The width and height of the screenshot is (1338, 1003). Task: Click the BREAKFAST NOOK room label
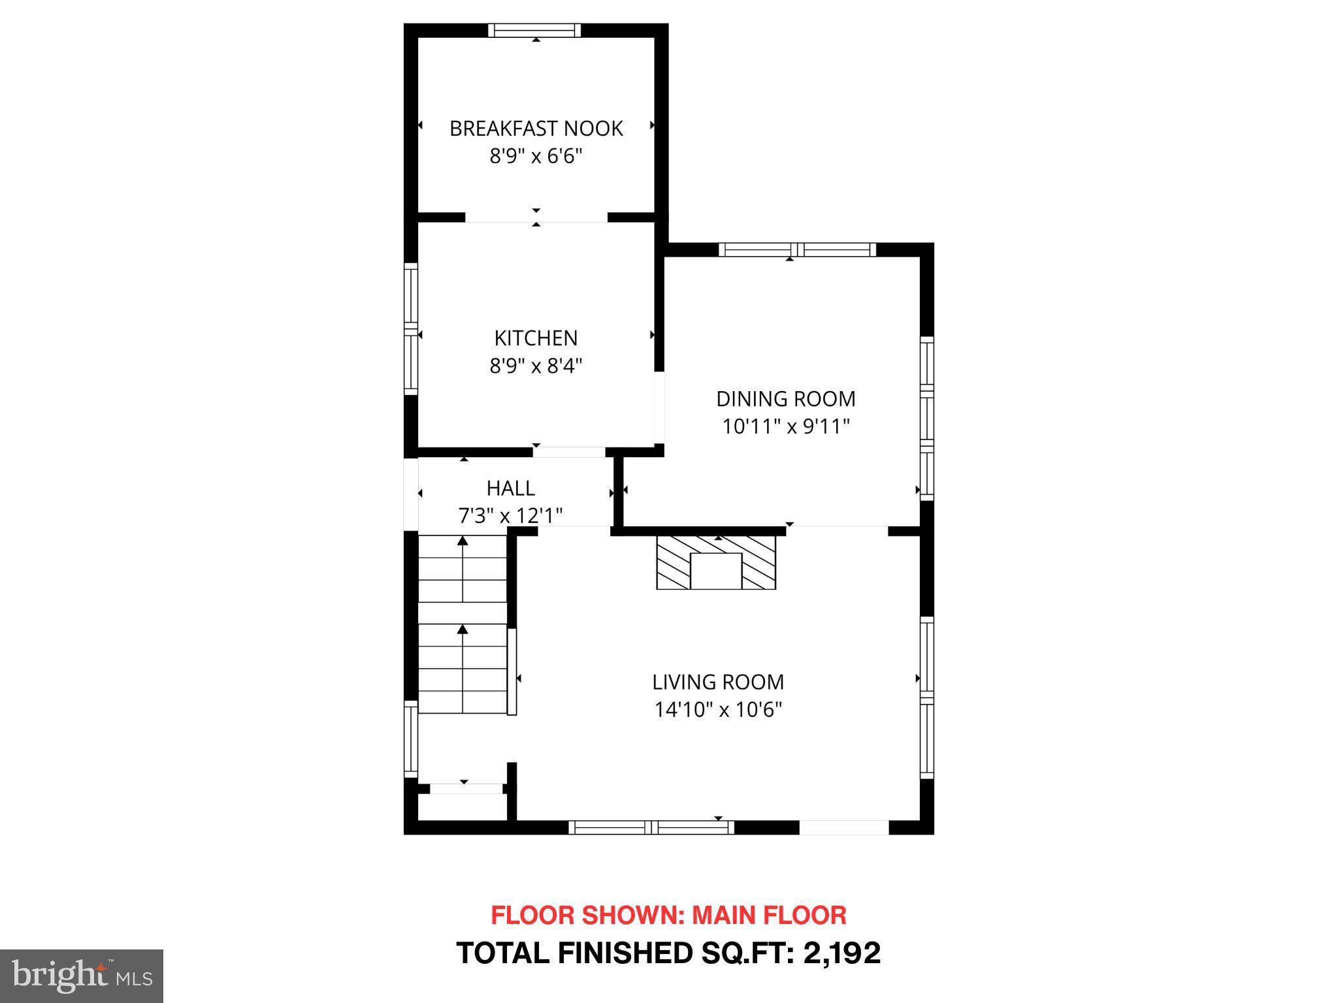[x=536, y=129]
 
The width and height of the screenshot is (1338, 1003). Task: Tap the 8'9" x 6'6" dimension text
[x=536, y=157]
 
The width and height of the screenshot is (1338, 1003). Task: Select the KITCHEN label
[x=536, y=338]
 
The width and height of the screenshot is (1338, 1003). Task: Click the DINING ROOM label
[x=785, y=399]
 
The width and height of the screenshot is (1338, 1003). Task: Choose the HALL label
[x=510, y=488]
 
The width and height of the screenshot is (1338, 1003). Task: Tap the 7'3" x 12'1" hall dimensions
[x=510, y=517]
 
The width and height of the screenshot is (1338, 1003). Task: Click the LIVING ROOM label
[x=718, y=682]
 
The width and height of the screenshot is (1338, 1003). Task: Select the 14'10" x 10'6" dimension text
[x=718, y=710]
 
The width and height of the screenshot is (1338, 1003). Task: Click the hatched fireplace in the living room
[x=716, y=563]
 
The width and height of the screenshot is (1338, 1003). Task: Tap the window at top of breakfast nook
[x=534, y=30]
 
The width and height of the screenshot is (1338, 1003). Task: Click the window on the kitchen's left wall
[x=410, y=328]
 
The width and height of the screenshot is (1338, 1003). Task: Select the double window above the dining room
[x=797, y=249]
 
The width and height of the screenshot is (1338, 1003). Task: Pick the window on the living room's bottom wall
[x=651, y=827]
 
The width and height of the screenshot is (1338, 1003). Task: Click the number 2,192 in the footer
[x=842, y=953]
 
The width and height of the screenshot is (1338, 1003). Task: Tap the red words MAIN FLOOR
[x=769, y=915]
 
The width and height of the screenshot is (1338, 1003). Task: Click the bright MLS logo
[x=81, y=976]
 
